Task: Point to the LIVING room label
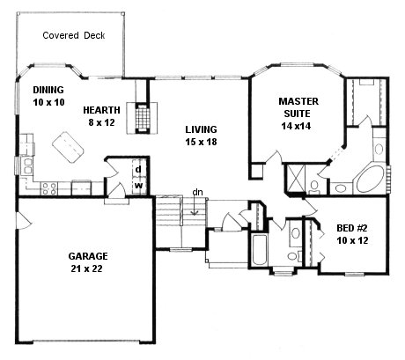[x=201, y=129]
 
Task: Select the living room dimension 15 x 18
[x=201, y=142]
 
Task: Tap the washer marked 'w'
[x=139, y=185]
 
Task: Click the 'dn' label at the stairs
[x=199, y=192]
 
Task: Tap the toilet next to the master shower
[x=315, y=182]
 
